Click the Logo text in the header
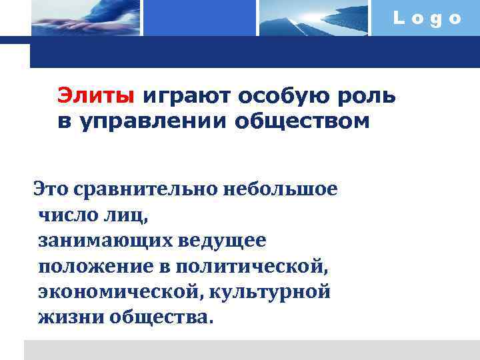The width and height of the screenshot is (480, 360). [x=427, y=19]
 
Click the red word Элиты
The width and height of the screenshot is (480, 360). [x=95, y=96]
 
